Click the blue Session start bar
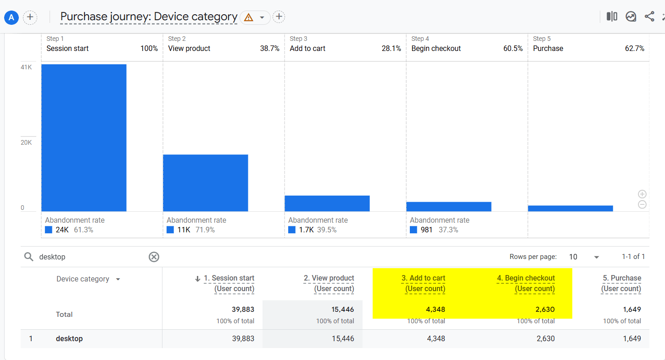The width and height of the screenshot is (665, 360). coord(84,138)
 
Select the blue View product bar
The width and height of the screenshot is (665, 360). coord(206,183)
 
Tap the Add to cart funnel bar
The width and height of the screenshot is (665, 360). coord(327,203)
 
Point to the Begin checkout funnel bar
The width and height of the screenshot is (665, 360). coord(449,207)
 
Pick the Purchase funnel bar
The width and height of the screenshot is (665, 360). coord(570,208)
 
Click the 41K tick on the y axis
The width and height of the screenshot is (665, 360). coord(26,67)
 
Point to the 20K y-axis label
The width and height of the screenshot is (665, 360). coord(26,142)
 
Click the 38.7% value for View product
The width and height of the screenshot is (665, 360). coord(269,49)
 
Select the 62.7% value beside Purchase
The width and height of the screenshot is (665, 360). coord(634,49)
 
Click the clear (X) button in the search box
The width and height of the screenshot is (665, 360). coord(154,257)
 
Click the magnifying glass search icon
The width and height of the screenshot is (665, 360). coord(29,257)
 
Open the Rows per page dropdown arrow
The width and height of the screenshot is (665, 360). coord(597,257)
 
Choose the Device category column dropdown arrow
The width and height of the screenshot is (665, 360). coord(118,279)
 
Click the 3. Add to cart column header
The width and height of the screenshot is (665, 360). coord(423,278)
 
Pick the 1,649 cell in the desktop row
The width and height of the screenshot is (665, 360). coord(631,339)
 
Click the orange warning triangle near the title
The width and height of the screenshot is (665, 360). coord(249,17)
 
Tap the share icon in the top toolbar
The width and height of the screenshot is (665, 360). coord(649,17)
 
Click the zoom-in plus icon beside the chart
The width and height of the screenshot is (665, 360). coord(642,194)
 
